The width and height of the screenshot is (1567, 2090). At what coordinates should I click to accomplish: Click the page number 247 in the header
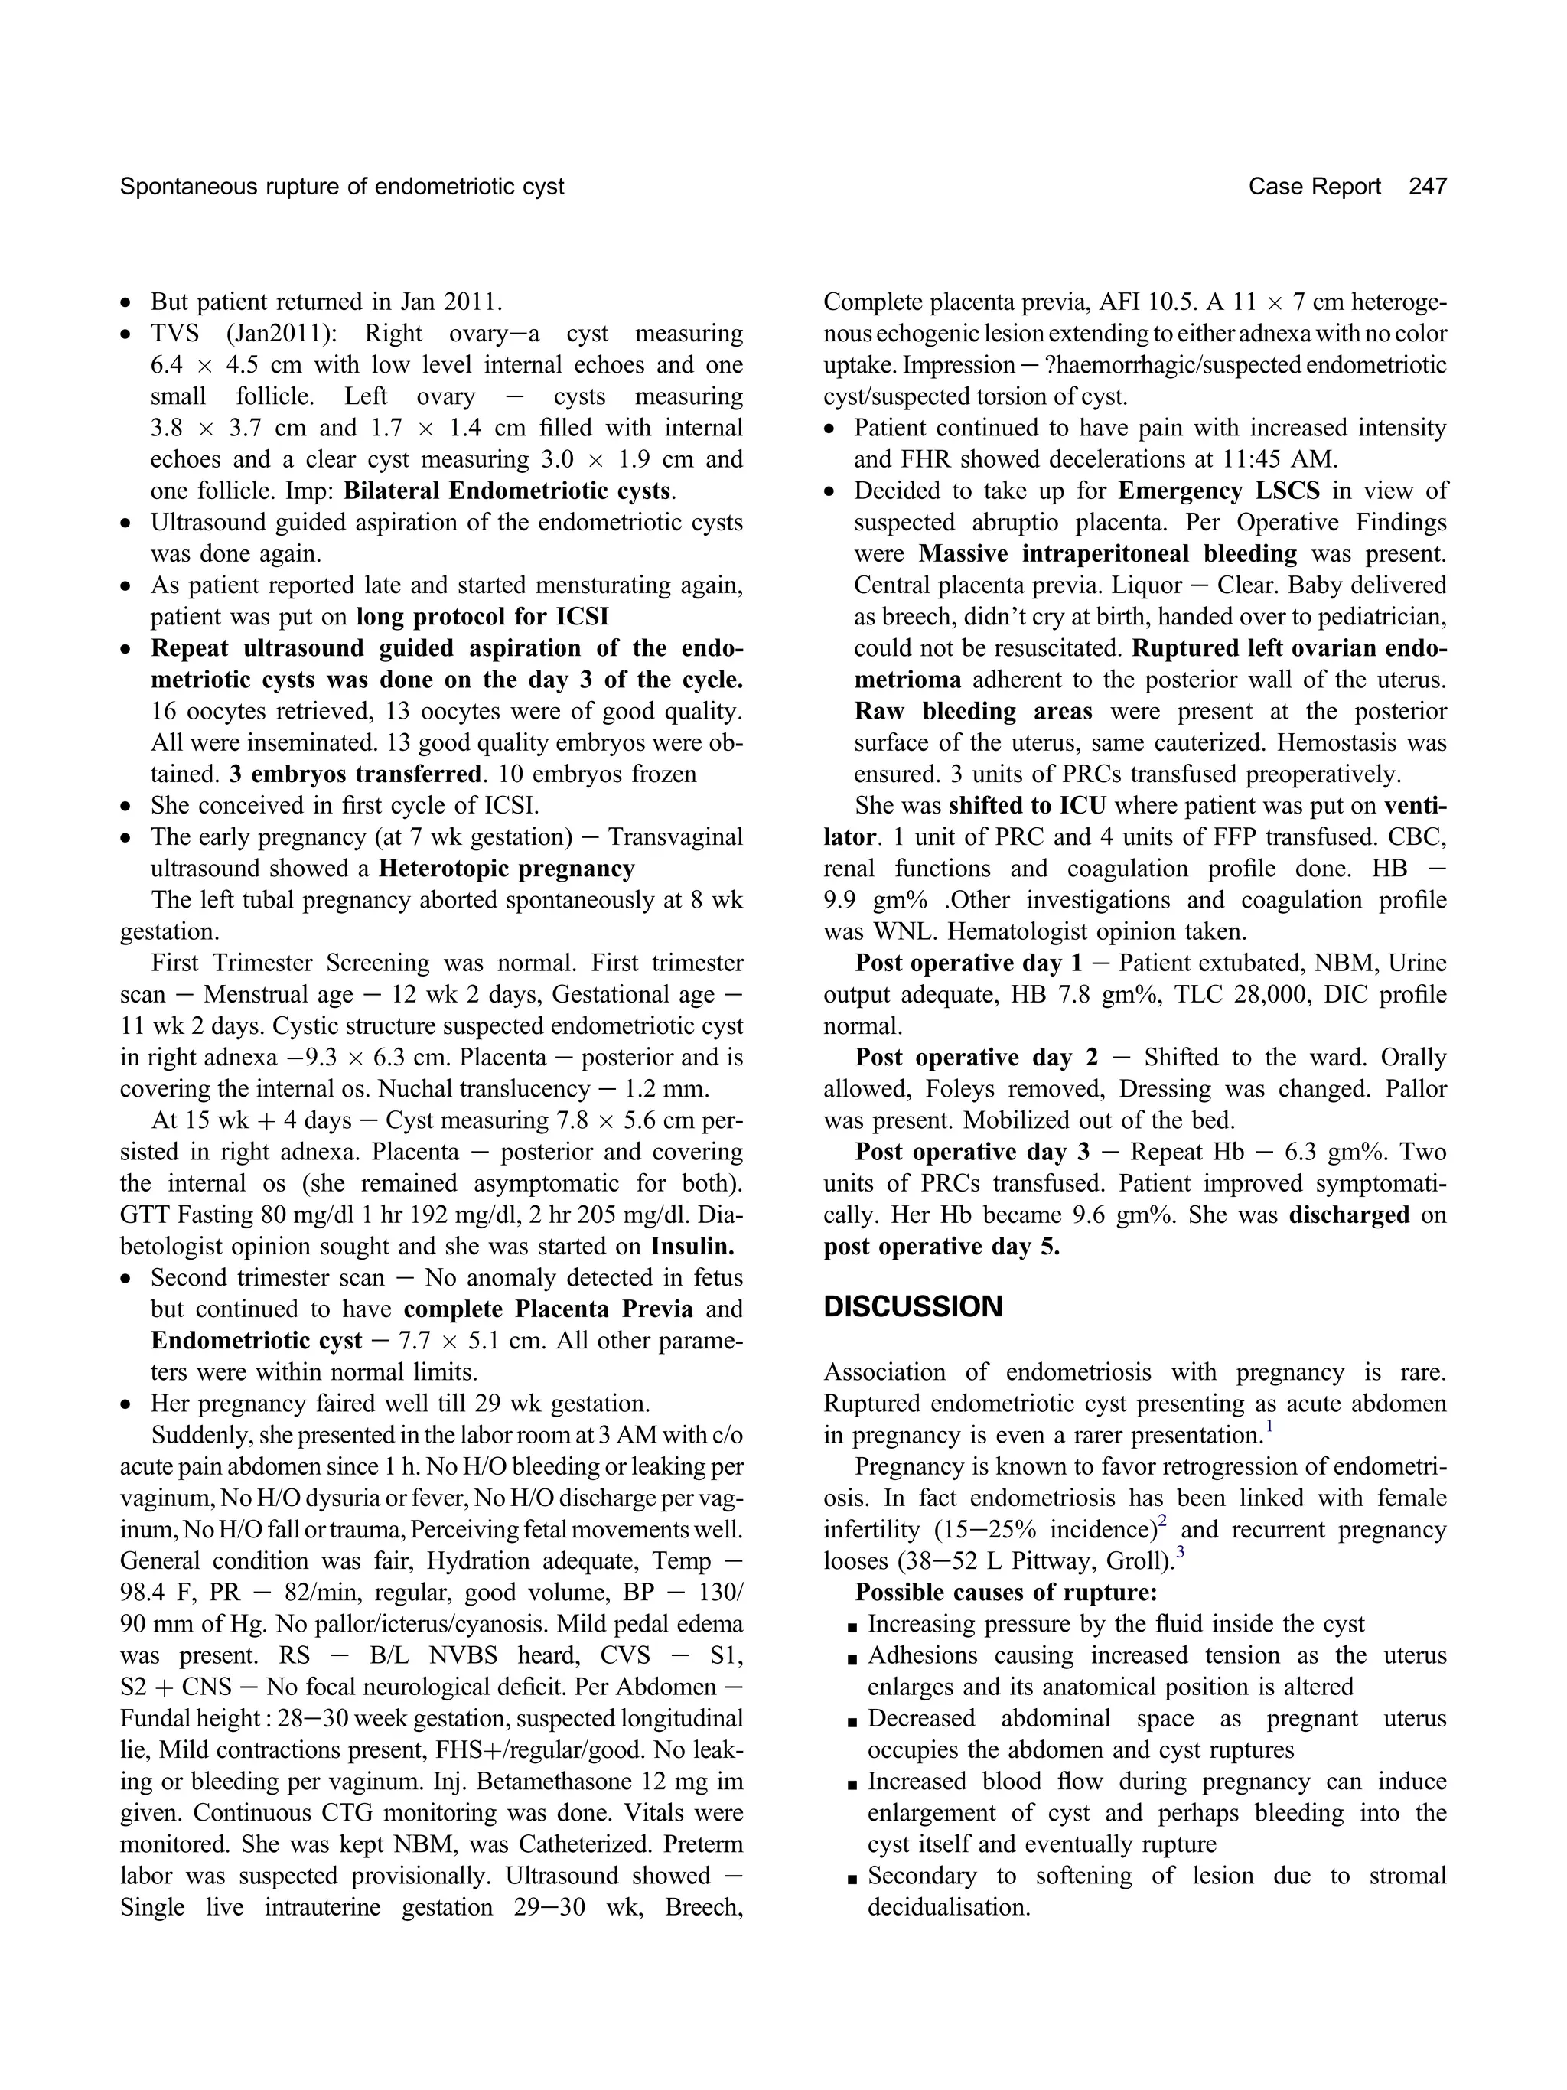tap(1426, 187)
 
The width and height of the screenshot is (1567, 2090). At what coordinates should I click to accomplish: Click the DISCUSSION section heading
tap(913, 1306)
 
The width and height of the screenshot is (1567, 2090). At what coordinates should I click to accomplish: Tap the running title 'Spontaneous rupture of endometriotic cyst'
tap(342, 187)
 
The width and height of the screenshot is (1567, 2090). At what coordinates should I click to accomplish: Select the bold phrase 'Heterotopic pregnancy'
tap(507, 869)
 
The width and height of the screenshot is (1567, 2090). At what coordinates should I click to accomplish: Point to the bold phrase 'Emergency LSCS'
tap(1218, 491)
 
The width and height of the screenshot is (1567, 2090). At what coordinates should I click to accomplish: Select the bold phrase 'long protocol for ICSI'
tap(482, 617)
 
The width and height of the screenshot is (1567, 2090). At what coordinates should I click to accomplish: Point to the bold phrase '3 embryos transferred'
tap(355, 774)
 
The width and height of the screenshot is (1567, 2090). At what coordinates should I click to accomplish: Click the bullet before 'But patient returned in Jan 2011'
tap(125, 303)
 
